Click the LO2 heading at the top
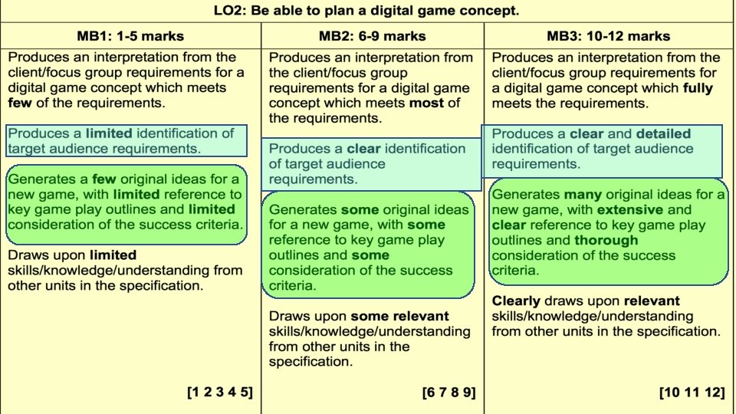367,11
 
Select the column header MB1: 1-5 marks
130,36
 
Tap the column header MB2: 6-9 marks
372,36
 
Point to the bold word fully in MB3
698,88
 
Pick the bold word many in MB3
583,195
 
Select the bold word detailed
663,133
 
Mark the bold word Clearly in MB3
516,301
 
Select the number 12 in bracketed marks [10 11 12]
712,393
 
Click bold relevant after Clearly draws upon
652,301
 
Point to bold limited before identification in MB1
109,133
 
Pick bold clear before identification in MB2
363,149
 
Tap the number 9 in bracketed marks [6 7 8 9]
467,393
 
